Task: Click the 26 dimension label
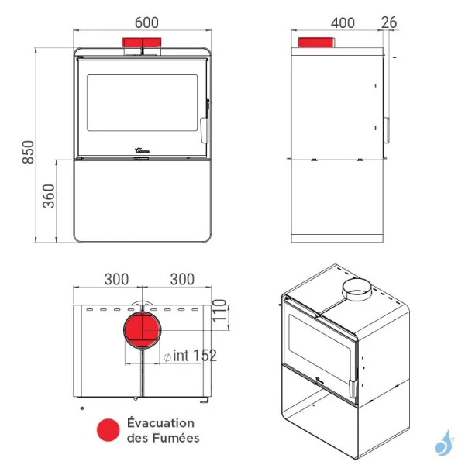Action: [x=389, y=22]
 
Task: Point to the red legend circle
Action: [x=105, y=430]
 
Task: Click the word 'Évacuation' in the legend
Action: [x=160, y=423]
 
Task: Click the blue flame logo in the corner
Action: [x=443, y=443]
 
